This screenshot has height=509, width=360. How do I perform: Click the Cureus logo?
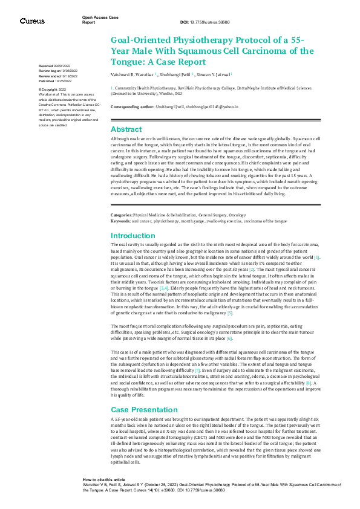32,21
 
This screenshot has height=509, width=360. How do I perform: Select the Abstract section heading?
126,129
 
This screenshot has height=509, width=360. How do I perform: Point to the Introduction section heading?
133,236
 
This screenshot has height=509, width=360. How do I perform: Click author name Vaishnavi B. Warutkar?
133,74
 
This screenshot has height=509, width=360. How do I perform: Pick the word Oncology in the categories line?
238,215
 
